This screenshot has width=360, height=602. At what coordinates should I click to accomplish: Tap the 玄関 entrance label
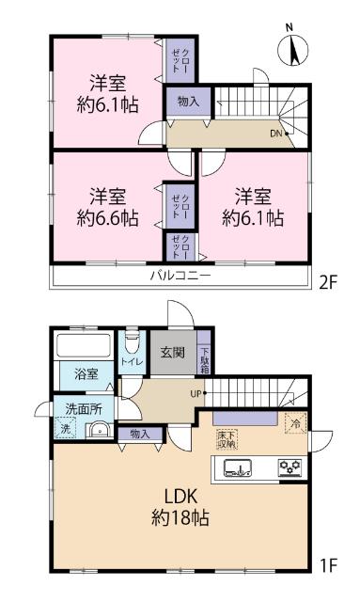(x=171, y=354)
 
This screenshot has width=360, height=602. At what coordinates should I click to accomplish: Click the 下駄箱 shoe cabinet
(x=205, y=359)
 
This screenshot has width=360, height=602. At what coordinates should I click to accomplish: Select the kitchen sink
(x=243, y=468)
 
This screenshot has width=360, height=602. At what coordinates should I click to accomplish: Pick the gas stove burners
(x=288, y=467)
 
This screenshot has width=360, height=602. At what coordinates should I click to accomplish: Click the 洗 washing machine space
(x=66, y=430)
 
